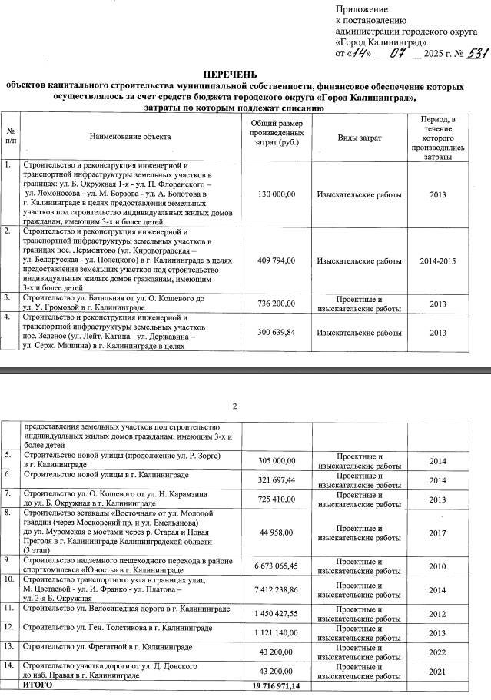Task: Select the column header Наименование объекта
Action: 128,137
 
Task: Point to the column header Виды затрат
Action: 359,137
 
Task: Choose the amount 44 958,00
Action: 280,532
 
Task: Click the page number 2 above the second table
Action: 235,406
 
